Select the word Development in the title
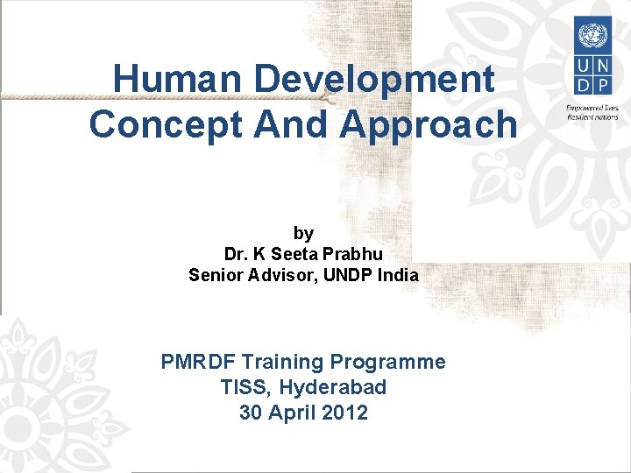374,80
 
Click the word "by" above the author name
303,233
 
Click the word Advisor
286,275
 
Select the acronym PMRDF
199,362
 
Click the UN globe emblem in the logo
592,36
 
